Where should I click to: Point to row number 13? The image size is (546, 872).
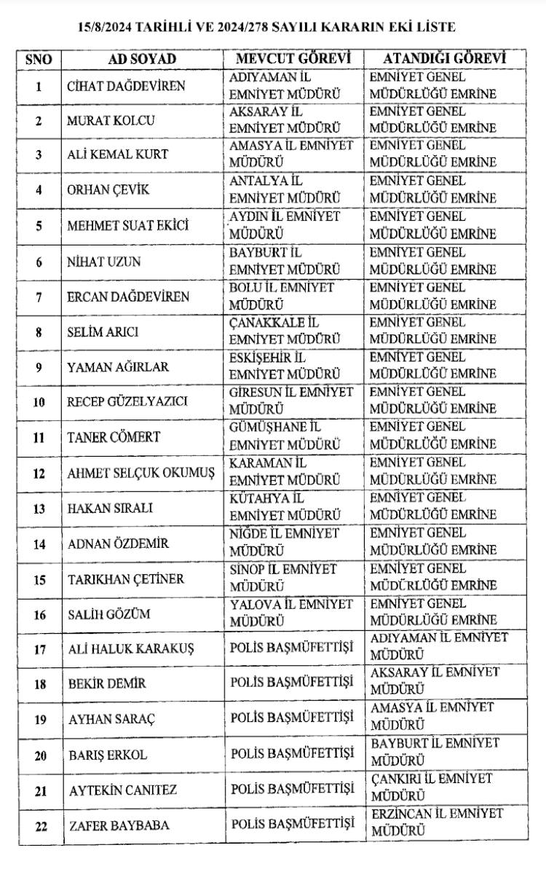[x=39, y=508]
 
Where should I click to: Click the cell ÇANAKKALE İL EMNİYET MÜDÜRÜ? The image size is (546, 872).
[x=285, y=331]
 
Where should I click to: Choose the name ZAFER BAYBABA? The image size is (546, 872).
[x=109, y=826]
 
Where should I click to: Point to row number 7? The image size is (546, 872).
[x=39, y=296]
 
